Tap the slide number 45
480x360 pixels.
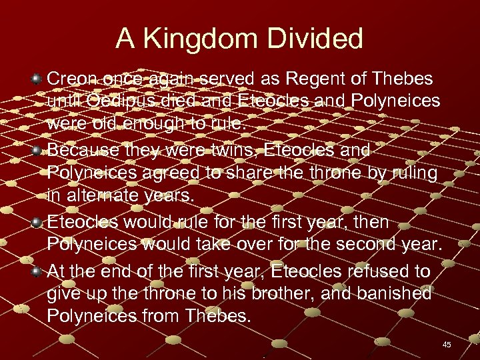coord(447,345)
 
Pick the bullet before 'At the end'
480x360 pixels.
coord(37,271)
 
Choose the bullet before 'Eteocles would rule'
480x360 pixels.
coord(37,223)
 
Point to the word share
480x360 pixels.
coord(252,174)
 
